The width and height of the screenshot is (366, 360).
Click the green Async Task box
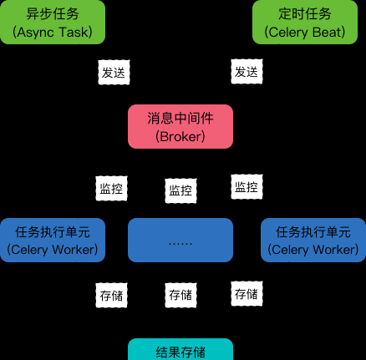[x=53, y=22]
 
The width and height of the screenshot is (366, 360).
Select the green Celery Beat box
[x=305, y=22]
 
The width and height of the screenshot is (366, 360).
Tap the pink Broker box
[x=180, y=126]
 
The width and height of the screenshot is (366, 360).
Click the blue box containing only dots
[x=180, y=240]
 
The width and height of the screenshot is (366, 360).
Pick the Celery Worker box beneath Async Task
[x=53, y=240]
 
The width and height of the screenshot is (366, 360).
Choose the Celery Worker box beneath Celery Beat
[x=313, y=240]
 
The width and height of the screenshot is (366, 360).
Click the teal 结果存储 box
[x=180, y=349]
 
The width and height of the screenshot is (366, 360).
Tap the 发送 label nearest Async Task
[x=114, y=73]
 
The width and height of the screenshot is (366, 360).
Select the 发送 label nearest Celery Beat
[x=247, y=72]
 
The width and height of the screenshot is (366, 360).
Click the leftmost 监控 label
[x=111, y=188]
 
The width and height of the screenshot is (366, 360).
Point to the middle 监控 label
[x=180, y=190]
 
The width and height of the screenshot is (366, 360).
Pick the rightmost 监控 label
[x=247, y=187]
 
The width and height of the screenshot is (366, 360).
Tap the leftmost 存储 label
[x=111, y=296]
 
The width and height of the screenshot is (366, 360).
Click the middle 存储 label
[x=180, y=296]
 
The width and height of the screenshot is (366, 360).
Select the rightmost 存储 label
[x=247, y=294]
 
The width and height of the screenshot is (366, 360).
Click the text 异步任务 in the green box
[x=53, y=13]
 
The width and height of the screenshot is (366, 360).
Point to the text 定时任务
[x=305, y=13]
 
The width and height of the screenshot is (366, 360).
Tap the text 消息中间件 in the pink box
[x=180, y=118]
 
